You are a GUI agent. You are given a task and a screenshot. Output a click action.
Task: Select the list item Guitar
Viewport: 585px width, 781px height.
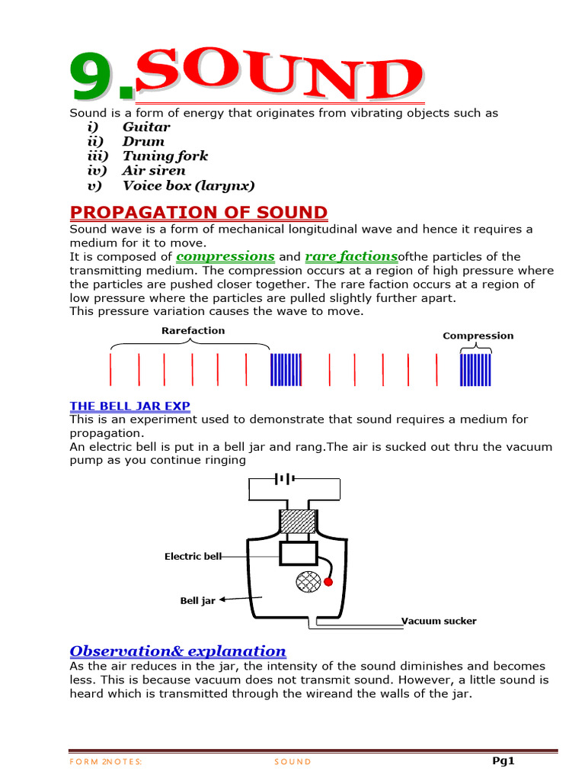pyautogui.click(x=146, y=127)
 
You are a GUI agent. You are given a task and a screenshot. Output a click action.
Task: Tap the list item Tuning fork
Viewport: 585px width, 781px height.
pyautogui.click(x=165, y=156)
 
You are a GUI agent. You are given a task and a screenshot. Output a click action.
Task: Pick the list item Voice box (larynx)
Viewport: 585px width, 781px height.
pyautogui.click(x=189, y=185)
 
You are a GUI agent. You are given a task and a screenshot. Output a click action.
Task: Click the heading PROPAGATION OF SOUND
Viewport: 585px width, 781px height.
pyautogui.click(x=199, y=212)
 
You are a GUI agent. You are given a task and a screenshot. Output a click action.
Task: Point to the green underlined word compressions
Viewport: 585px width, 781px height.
pyautogui.click(x=225, y=256)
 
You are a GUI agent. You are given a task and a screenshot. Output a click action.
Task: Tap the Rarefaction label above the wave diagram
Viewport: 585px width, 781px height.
pyautogui.click(x=193, y=330)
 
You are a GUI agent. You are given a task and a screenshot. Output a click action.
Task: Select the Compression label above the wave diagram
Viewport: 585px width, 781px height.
pyautogui.click(x=478, y=336)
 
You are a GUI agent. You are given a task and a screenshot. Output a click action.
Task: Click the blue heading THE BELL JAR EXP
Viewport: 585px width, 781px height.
pyautogui.click(x=129, y=406)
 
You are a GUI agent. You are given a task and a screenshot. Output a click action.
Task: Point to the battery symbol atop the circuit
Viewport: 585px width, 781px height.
pyautogui.click(x=286, y=479)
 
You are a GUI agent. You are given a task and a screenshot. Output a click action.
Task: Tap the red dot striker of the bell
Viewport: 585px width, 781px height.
pyautogui.click(x=328, y=583)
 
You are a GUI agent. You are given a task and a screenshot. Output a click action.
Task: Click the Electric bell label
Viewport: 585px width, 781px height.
pyautogui.click(x=193, y=557)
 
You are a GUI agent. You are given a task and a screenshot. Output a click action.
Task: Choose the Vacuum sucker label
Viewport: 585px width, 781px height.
pyautogui.click(x=439, y=621)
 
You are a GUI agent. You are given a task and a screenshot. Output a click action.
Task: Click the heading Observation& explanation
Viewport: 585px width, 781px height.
pyautogui.click(x=177, y=651)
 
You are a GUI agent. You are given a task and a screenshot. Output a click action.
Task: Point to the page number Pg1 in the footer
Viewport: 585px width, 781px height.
pyautogui.click(x=503, y=760)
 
